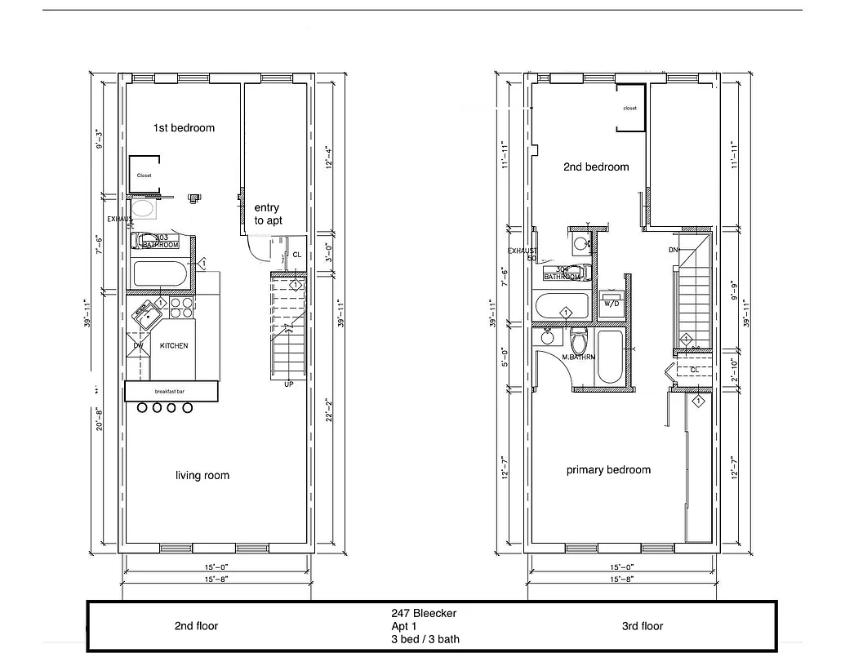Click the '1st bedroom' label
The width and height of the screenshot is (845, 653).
[185, 128]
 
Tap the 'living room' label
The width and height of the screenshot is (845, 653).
[202, 475]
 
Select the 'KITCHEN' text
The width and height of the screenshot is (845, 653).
[173, 346]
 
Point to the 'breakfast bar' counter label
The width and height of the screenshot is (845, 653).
[171, 393]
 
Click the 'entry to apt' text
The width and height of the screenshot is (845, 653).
[267, 214]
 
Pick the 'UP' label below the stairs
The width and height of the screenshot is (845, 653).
[288, 384]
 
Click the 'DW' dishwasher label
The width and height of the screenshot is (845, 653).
[138, 346]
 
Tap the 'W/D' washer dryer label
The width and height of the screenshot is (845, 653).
[611, 304]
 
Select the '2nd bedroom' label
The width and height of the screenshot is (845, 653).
[596, 167]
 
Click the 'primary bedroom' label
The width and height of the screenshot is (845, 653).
[608, 469]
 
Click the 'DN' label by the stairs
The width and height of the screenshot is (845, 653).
[674, 250]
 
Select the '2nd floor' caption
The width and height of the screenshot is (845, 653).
[196, 626]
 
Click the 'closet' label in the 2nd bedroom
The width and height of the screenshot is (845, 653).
[629, 109]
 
